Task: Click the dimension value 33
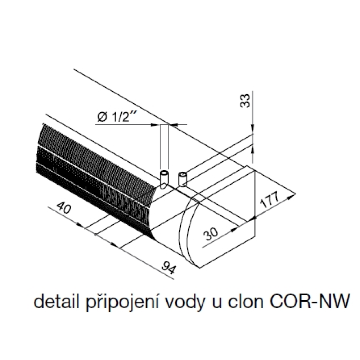[x=245, y=100]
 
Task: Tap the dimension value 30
[x=211, y=234]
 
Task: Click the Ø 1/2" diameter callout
[x=115, y=118]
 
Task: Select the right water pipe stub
[x=183, y=179]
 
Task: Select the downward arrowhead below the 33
[x=253, y=129]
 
